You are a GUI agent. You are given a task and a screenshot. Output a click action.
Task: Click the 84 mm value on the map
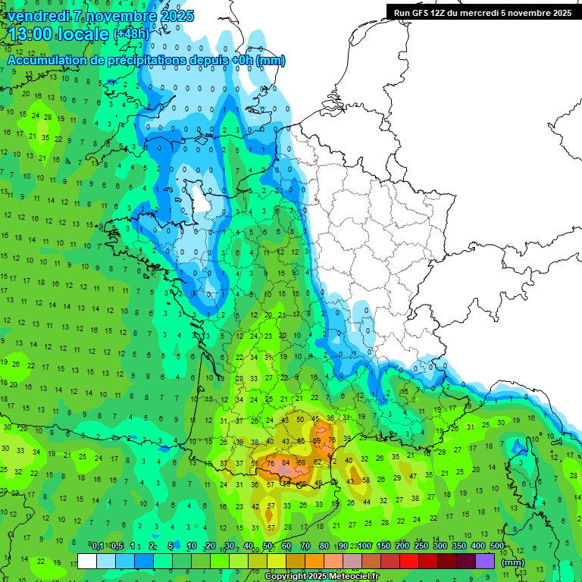286,462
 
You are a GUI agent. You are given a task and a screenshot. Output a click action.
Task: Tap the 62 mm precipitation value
318,462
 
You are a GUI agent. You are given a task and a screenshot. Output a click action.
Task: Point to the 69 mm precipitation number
318,441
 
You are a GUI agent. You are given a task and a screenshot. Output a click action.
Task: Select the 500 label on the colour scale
497,546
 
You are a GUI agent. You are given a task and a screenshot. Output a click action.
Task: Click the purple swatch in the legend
485,562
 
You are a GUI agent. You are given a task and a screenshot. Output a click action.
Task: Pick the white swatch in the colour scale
87,562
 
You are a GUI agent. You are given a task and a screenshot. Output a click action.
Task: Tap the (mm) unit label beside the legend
513,562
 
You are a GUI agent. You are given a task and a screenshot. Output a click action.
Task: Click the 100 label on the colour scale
365,546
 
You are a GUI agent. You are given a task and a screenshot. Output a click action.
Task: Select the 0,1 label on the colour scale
98,546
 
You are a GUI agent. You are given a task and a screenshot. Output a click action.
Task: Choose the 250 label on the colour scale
421,546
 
